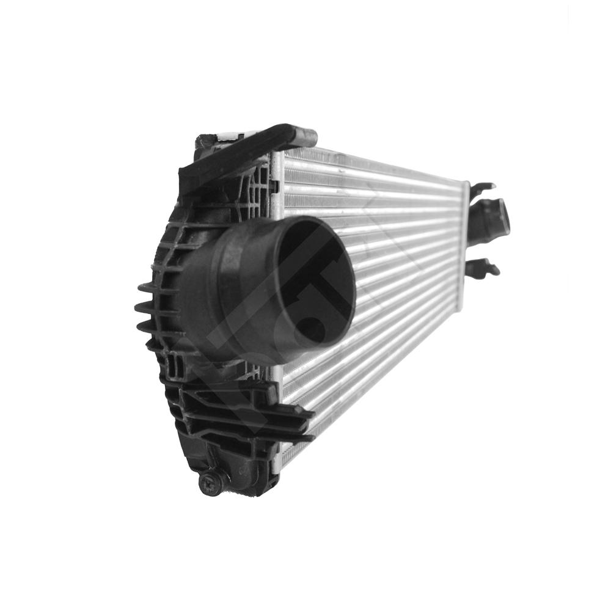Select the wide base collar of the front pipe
click(208, 293)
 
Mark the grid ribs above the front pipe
click(244, 189)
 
